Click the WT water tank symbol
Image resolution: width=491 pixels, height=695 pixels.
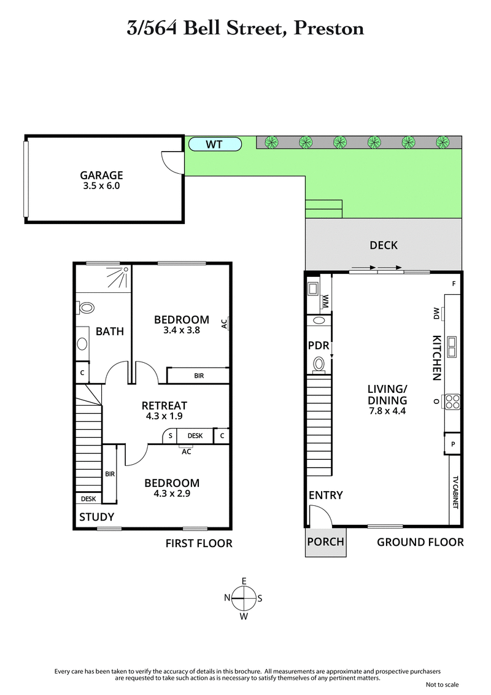click(214, 145)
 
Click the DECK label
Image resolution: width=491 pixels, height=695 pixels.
click(383, 246)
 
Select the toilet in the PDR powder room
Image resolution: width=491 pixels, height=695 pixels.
click(319, 364)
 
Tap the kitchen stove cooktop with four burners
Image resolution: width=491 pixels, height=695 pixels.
click(452, 401)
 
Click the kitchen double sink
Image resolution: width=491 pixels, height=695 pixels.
click(452, 347)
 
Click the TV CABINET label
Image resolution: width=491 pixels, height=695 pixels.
click(455, 492)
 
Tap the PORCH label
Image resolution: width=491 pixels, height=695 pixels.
click(325, 542)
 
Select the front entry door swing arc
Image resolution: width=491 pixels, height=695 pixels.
click(320, 516)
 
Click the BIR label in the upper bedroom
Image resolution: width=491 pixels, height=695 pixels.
click(199, 376)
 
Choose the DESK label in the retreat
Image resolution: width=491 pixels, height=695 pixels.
click(195, 435)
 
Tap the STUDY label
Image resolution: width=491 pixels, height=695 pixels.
click(96, 517)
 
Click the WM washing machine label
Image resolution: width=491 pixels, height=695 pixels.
click(325, 301)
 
